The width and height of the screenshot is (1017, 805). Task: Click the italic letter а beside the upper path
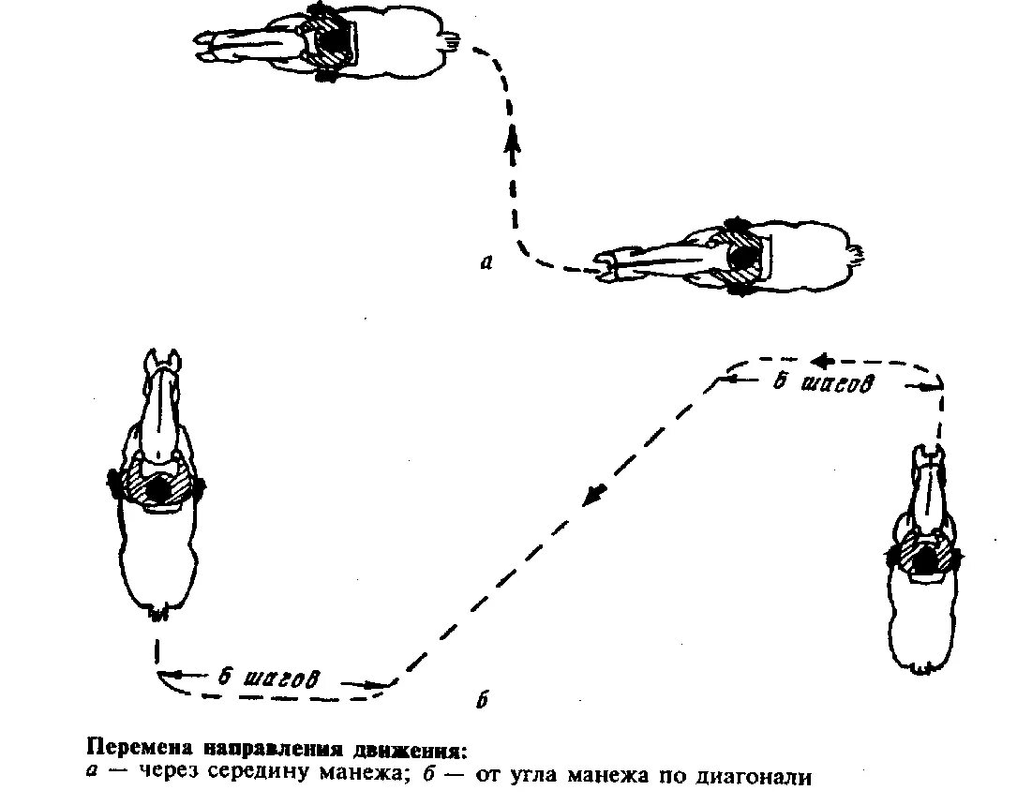pos(485,262)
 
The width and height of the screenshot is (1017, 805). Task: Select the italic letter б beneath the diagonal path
pos(480,701)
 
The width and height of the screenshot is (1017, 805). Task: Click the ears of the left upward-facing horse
pos(161,359)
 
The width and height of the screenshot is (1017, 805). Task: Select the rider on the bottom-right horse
pos(927,559)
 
